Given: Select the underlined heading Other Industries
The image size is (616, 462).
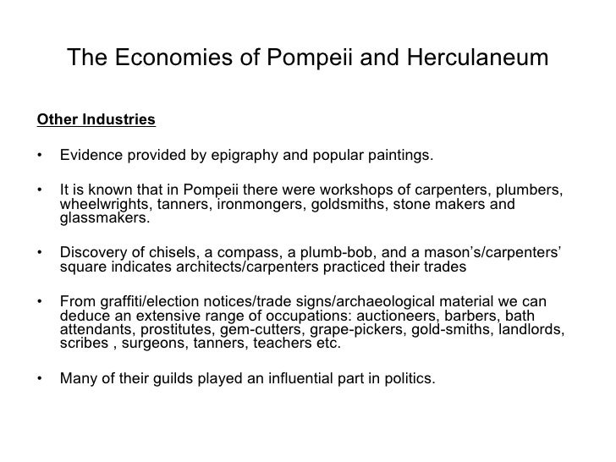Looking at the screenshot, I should [96, 119].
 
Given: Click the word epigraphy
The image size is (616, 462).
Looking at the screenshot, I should [256, 157].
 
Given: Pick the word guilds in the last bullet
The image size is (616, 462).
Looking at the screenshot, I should [161, 378].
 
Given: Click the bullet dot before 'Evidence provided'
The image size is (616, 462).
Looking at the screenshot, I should [41, 157].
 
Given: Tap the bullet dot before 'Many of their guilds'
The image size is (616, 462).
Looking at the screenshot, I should [41, 379].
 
